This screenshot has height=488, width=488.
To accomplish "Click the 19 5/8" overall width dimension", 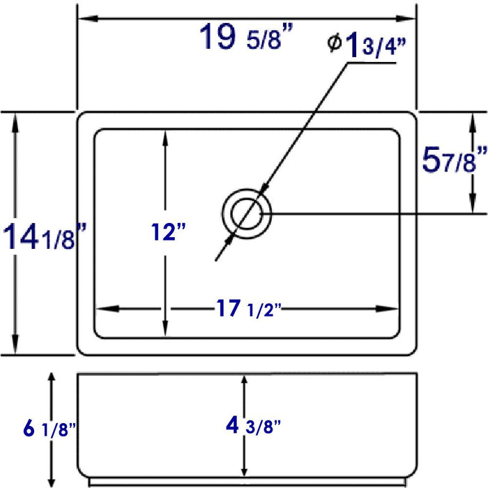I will [x=244, y=38].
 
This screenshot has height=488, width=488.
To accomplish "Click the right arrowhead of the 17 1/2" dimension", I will [x=392, y=309].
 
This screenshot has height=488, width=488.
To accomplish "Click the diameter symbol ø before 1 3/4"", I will [x=334, y=43].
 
